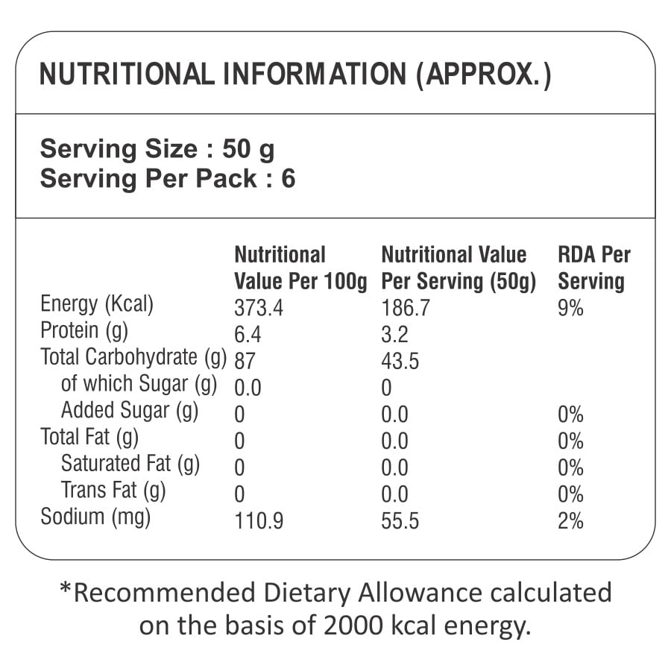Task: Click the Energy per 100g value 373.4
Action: (259, 308)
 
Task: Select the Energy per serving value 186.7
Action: (406, 308)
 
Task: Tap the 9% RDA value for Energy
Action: (570, 308)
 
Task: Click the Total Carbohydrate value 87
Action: (245, 362)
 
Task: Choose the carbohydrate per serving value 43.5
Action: (400, 362)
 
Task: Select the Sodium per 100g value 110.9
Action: (259, 520)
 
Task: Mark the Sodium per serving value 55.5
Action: (400, 520)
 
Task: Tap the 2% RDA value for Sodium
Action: (570, 520)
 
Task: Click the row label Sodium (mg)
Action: (95, 517)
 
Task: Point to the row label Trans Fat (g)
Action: (113, 491)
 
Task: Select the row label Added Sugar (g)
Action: (130, 411)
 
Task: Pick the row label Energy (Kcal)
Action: (97, 305)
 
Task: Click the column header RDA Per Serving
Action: (593, 268)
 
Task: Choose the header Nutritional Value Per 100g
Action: (300, 268)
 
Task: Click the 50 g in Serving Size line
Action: (248, 150)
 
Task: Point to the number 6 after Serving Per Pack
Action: (288, 180)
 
